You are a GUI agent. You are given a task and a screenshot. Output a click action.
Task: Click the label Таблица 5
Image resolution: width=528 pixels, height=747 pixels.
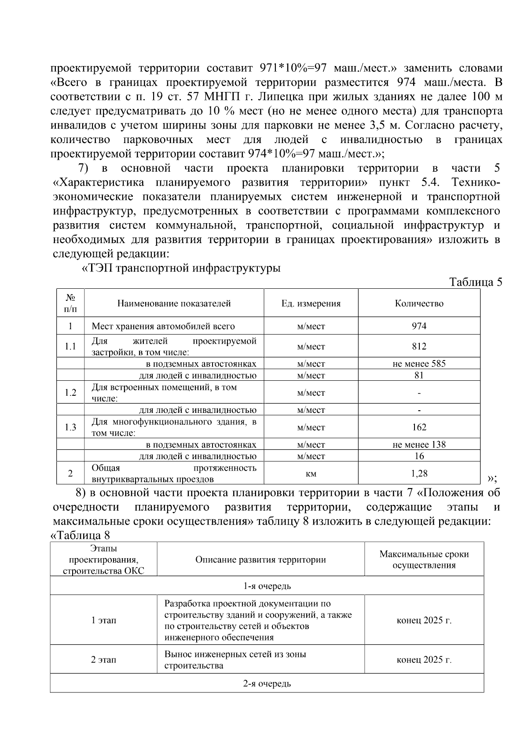[475, 282]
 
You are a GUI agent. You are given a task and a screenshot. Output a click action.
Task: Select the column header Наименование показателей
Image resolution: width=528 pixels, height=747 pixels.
[174, 303]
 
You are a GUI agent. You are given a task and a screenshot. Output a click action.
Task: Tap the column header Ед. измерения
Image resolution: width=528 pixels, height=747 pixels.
[311, 303]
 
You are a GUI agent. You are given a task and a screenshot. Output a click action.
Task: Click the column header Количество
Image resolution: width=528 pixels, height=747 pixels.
[419, 303]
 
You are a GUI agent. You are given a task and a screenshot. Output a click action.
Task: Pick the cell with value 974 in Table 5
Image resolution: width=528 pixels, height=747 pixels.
[419, 326]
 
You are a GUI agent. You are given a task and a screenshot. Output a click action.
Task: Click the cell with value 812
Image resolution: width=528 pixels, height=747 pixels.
[419, 346]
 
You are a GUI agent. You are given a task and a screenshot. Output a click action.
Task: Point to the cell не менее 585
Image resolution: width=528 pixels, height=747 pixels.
[419, 364]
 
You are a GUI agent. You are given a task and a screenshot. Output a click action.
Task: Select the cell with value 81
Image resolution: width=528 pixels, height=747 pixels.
[419, 375]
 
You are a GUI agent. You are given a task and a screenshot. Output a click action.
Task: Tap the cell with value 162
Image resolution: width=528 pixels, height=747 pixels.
[419, 427]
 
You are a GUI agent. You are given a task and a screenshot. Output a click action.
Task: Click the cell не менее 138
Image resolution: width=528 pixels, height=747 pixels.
[419, 445]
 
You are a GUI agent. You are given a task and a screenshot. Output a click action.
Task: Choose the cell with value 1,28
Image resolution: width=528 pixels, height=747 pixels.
[419, 474]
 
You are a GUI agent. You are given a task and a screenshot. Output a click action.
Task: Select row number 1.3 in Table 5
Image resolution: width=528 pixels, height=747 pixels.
[70, 427]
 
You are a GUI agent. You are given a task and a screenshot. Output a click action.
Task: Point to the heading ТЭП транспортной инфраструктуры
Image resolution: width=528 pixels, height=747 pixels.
[182, 268]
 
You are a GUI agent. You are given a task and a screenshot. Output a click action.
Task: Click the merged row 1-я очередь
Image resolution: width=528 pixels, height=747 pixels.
[267, 586]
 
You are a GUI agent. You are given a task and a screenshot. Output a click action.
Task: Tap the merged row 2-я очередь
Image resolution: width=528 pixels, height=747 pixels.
[267, 684]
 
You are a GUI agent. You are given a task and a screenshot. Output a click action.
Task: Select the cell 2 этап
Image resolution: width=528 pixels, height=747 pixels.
[103, 660]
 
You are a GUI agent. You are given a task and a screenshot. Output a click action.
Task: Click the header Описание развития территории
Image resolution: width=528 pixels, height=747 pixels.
[260, 560]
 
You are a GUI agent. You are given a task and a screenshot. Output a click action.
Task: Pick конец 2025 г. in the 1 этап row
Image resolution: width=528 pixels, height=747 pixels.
[424, 621]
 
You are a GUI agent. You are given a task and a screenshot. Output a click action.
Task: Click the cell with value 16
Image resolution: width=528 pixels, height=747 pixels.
[419, 456]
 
